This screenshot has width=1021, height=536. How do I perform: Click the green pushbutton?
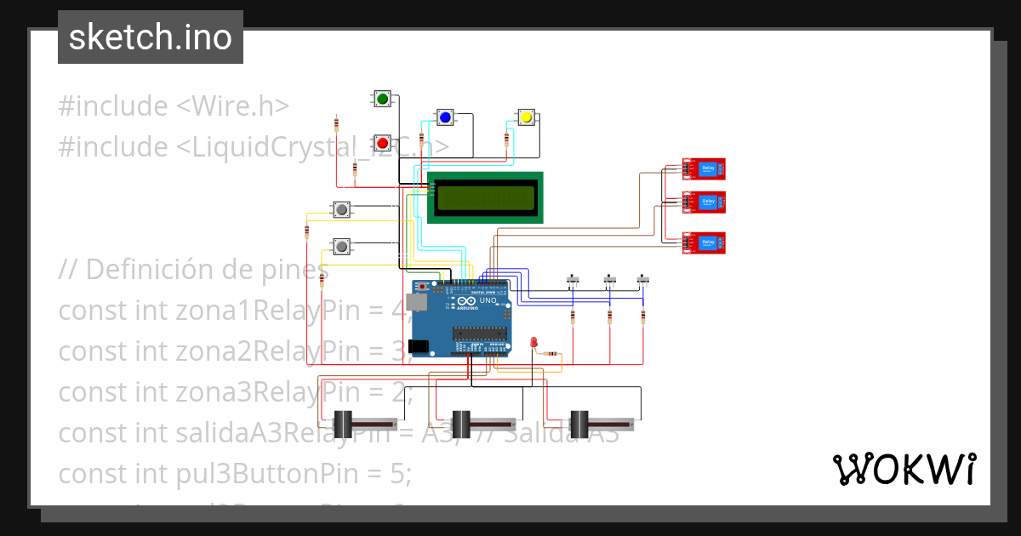pyautogui.click(x=382, y=100)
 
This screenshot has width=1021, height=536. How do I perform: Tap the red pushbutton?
pyautogui.click(x=382, y=142)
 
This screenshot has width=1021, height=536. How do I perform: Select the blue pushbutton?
pyautogui.click(x=444, y=117)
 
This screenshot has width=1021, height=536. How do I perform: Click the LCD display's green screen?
pyautogui.click(x=485, y=198)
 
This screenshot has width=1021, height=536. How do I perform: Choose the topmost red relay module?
pyautogui.click(x=705, y=169)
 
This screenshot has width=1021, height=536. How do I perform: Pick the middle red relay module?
pyautogui.click(x=705, y=202)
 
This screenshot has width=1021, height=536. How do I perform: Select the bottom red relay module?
pyautogui.click(x=705, y=243)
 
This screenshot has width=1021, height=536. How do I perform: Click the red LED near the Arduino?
pyautogui.click(x=533, y=342)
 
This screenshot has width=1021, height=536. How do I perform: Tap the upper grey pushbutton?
pyautogui.click(x=341, y=208)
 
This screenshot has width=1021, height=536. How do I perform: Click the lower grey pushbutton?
pyautogui.click(x=341, y=246)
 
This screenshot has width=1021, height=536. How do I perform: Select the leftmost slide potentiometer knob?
pyautogui.click(x=343, y=423)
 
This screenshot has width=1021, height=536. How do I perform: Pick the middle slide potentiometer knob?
pyautogui.click(x=461, y=423)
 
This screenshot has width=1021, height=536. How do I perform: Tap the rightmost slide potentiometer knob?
pyautogui.click(x=579, y=423)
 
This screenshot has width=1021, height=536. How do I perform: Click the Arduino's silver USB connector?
pyautogui.click(x=416, y=301)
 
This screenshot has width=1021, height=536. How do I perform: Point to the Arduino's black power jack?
pyautogui.click(x=417, y=346)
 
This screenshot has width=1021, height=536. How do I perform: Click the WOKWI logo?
pyautogui.click(x=904, y=469)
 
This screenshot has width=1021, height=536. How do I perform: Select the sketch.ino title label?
pyautogui.click(x=151, y=37)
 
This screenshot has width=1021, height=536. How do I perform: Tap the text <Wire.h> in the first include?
pyautogui.click(x=232, y=106)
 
